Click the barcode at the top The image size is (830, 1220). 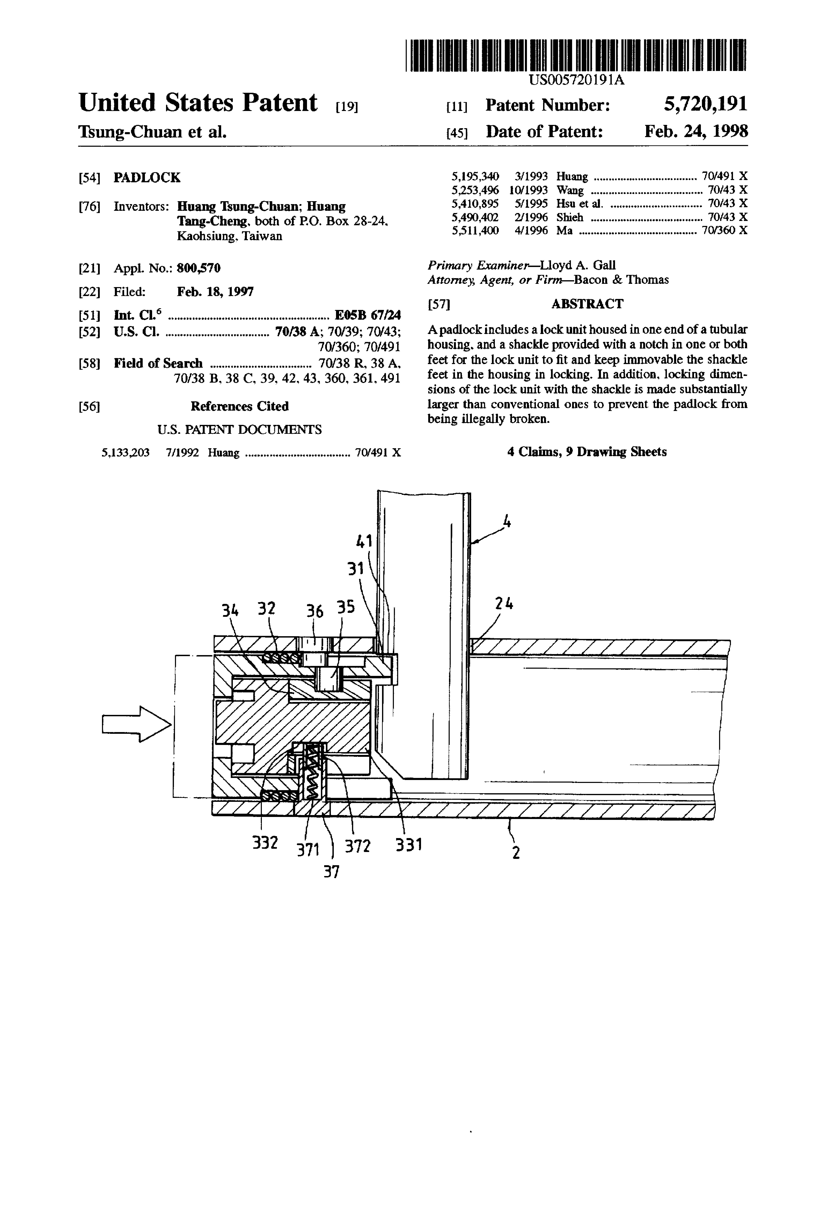576,55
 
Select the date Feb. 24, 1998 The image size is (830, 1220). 696,131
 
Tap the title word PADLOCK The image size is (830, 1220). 147,177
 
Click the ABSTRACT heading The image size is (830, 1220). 587,304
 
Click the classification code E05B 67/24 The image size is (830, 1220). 368,315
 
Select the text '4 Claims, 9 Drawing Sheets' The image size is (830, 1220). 587,452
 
